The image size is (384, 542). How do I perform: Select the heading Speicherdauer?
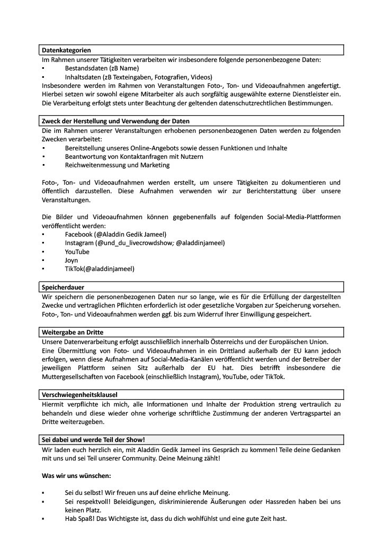[64, 287]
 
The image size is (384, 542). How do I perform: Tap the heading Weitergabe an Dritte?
[73, 332]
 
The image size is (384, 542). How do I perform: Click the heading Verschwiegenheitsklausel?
[79, 394]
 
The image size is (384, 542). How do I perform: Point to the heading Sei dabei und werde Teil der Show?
[93, 440]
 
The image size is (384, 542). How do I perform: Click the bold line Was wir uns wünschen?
[76, 476]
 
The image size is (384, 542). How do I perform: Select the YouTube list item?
[77, 252]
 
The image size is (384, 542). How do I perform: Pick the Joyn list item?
[72, 260]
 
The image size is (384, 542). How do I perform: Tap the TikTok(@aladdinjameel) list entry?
[100, 269]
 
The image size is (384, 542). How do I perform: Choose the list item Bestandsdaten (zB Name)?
[102, 68]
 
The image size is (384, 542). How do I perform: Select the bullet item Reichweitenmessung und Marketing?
[117, 165]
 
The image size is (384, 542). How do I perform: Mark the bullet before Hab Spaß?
[42, 519]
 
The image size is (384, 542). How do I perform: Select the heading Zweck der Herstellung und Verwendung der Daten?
[115, 121]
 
